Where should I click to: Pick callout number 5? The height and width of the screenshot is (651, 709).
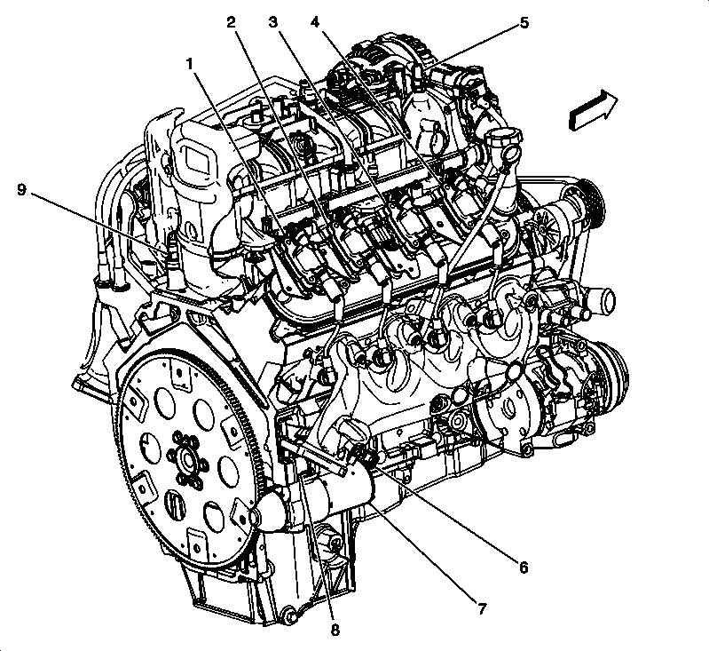[x=524, y=22]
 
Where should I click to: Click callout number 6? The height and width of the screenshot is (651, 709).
[x=524, y=567]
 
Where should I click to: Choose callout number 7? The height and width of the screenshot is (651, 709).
[x=481, y=609]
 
